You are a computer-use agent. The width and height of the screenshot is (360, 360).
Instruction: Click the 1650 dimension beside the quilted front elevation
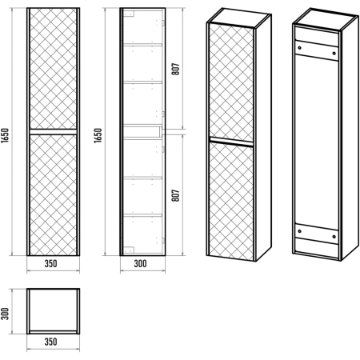pyautogui.click(x=5, y=135)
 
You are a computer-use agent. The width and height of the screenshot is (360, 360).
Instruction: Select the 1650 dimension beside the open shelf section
pyautogui.click(x=98, y=135)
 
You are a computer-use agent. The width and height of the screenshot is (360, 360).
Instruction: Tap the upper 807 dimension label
pyautogui.click(x=176, y=69)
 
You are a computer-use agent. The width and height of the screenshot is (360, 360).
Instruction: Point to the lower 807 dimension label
pyautogui.click(x=176, y=195)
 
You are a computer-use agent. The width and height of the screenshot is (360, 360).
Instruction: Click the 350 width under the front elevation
pyautogui.click(x=50, y=264)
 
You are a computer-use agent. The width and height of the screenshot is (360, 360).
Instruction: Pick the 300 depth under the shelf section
pyautogui.click(x=140, y=264)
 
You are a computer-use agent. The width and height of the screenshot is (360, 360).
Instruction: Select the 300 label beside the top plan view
pyautogui.click(x=5, y=314)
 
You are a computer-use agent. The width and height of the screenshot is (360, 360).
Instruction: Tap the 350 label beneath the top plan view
pyautogui.click(x=50, y=342)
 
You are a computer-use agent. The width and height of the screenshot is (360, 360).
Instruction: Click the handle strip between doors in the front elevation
pyautogui.click(x=53, y=131)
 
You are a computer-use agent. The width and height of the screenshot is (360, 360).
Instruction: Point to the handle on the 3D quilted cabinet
pyautogui.click(x=231, y=142)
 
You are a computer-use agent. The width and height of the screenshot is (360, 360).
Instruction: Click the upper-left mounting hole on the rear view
pyautogui.click(x=299, y=48)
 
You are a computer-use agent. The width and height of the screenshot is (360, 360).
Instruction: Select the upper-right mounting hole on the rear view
pyautogui.click(x=334, y=54)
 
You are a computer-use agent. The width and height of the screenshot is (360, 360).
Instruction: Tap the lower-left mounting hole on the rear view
pyautogui.click(x=299, y=231)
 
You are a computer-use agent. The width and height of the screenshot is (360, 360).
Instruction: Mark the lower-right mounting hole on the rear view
pyautogui.click(x=334, y=237)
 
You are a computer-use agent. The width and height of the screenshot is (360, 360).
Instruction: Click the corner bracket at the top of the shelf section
pyautogui.click(x=129, y=14)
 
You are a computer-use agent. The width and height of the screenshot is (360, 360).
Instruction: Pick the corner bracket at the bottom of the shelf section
pyautogui.click(x=129, y=250)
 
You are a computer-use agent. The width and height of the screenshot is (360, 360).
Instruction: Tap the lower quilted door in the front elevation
pyautogui.click(x=53, y=194)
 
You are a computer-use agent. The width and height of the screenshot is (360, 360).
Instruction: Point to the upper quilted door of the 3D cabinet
pyautogui.click(x=231, y=82)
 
